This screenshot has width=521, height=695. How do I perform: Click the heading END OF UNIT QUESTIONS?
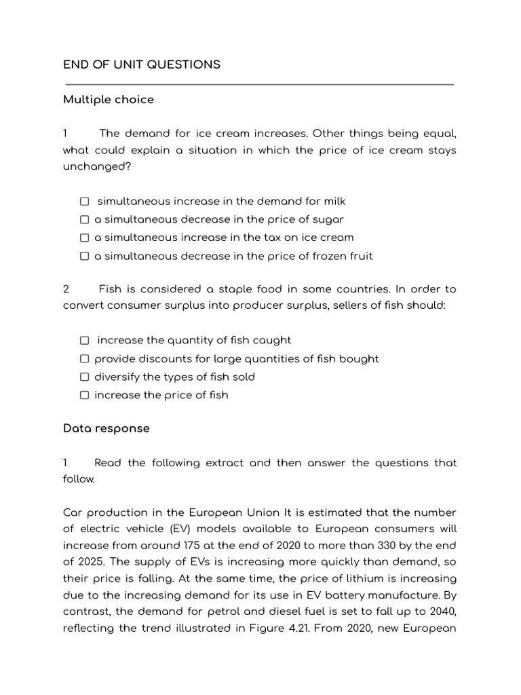click(142, 64)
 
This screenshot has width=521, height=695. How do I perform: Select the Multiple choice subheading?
click(109, 99)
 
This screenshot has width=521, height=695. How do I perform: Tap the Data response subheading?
click(107, 428)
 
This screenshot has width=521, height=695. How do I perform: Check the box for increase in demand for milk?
click(84, 202)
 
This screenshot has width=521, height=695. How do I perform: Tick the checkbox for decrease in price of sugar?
click(84, 220)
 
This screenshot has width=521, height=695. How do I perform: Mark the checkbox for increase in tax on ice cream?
click(84, 238)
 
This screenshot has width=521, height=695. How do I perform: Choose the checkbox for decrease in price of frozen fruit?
click(84, 257)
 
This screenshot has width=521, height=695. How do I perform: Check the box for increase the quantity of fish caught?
click(84, 341)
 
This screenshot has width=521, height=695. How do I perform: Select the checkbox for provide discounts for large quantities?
click(84, 359)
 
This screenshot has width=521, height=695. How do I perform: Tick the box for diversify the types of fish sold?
click(84, 377)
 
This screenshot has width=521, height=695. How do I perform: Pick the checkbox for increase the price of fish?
click(84, 396)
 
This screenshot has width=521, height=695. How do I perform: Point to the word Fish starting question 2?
click(111, 288)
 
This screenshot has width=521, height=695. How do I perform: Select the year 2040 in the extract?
click(442, 611)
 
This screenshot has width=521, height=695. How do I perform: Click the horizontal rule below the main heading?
click(258, 85)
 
